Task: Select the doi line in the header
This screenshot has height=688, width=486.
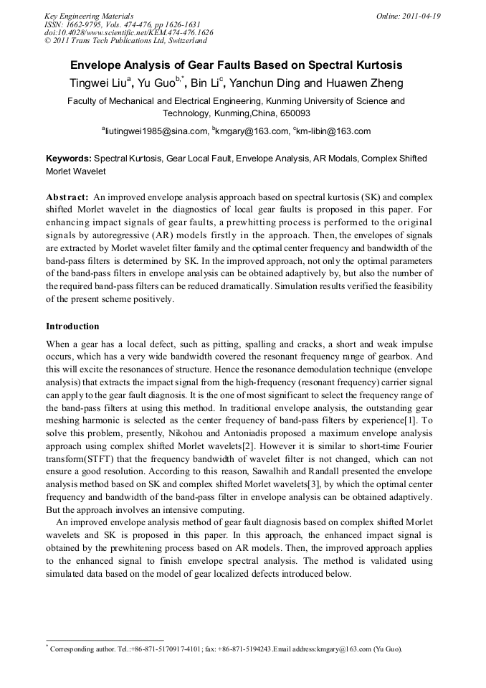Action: [x=128, y=33]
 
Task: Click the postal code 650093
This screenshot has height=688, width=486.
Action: [x=292, y=113]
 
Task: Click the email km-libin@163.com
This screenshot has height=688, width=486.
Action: [x=333, y=131]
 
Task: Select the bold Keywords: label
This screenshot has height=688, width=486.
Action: [x=69, y=158]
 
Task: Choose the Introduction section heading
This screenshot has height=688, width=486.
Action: [x=72, y=326]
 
